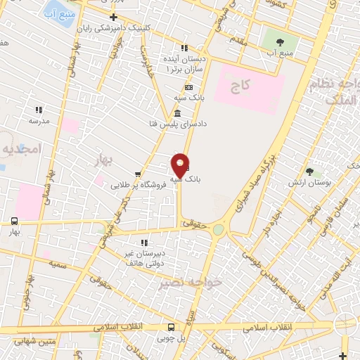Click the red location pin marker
click(x=180, y=166)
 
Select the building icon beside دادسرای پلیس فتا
click(x=176, y=114)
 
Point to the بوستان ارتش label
click(x=309, y=183)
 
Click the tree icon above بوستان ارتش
click(x=309, y=171)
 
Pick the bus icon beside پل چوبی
click(x=171, y=326)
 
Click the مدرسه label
click(x=39, y=121)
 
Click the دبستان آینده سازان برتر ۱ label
click(x=185, y=65)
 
